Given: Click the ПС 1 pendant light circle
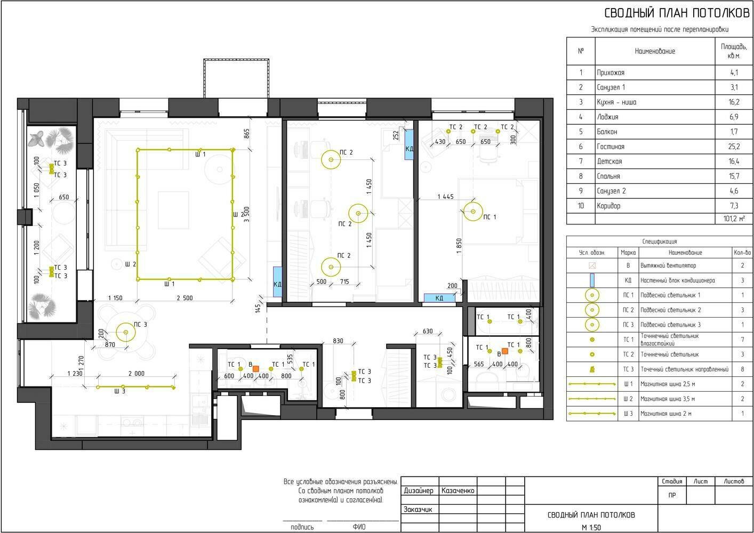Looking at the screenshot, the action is click(473, 202).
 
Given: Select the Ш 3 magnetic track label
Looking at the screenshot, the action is click(120, 391).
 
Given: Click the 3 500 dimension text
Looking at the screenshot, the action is click(247, 214).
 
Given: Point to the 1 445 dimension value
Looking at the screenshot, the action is click(445, 197).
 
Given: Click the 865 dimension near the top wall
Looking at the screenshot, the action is click(247, 134).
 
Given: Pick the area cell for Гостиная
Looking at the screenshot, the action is click(734, 147).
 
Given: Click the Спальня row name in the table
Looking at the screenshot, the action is click(608, 176).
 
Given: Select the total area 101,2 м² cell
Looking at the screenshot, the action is click(734, 219).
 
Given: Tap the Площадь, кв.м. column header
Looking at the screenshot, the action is click(734, 51).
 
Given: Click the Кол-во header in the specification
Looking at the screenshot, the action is click(742, 252).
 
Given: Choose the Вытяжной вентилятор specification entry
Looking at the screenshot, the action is click(668, 265).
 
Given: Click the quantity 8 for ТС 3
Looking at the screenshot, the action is click(743, 369).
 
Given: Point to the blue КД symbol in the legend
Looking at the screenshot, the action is click(592, 280).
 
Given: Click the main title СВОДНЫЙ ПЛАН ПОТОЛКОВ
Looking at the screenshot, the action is click(677, 13).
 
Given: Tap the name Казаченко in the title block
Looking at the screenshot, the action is click(458, 490).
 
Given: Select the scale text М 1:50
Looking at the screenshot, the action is click(591, 527).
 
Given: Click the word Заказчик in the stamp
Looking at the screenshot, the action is click(418, 510).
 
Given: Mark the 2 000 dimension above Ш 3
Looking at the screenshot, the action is click(137, 374).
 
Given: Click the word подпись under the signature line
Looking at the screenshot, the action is click(302, 527).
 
